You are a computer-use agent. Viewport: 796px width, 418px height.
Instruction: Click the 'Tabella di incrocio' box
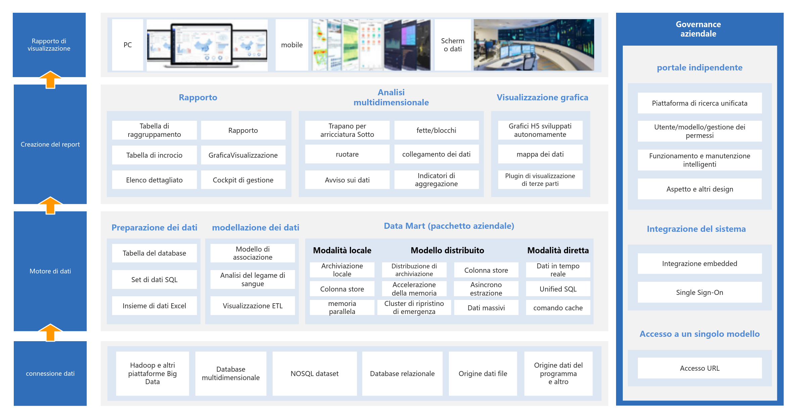point(154,155)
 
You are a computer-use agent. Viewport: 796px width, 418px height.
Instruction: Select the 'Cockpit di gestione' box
point(243,180)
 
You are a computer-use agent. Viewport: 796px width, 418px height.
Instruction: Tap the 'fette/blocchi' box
point(436,130)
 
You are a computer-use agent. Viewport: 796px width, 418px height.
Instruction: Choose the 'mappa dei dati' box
point(540,154)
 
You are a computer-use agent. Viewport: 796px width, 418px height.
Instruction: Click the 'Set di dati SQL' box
point(154,279)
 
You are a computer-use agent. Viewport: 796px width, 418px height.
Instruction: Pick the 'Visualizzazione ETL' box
point(252,306)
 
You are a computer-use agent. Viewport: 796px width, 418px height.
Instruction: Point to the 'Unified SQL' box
point(558,289)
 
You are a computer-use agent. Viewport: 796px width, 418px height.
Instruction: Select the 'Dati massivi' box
point(486,308)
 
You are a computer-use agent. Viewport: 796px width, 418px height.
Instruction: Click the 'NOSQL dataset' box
point(315,373)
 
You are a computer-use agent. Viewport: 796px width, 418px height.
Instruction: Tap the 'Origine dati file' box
point(483,373)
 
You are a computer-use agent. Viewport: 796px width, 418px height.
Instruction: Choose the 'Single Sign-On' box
point(700,292)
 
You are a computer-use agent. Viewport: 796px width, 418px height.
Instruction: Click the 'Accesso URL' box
point(700,368)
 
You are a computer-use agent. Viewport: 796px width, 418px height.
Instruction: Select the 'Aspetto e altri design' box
point(700,189)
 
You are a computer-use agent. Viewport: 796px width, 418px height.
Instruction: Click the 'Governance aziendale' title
point(698,29)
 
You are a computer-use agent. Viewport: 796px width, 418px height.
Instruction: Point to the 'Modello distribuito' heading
point(448,250)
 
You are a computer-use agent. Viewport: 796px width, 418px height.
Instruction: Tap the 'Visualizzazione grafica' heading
point(543,97)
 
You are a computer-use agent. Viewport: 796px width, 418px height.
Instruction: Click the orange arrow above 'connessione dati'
point(50,332)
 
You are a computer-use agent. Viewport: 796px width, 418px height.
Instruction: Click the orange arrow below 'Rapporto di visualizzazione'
point(50,80)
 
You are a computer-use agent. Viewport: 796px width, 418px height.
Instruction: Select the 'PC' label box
point(128,45)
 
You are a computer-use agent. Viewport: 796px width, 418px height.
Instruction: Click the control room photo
point(534,45)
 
